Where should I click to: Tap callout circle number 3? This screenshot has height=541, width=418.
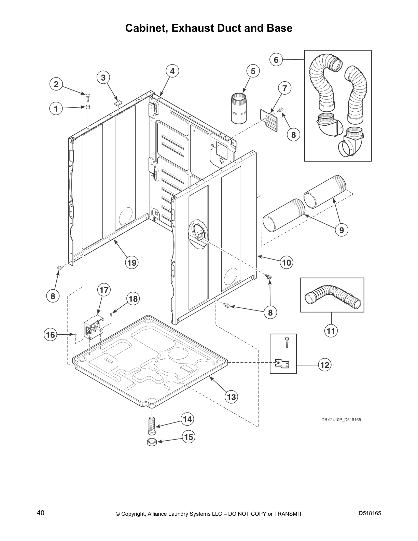tap(103, 78)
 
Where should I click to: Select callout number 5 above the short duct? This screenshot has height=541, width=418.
tap(253, 71)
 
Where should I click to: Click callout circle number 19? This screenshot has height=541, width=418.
tap(132, 262)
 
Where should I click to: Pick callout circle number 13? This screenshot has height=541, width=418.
tap(231, 397)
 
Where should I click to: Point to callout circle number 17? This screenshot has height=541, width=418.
tap(104, 290)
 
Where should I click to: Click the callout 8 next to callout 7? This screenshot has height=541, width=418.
tap(293, 135)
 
